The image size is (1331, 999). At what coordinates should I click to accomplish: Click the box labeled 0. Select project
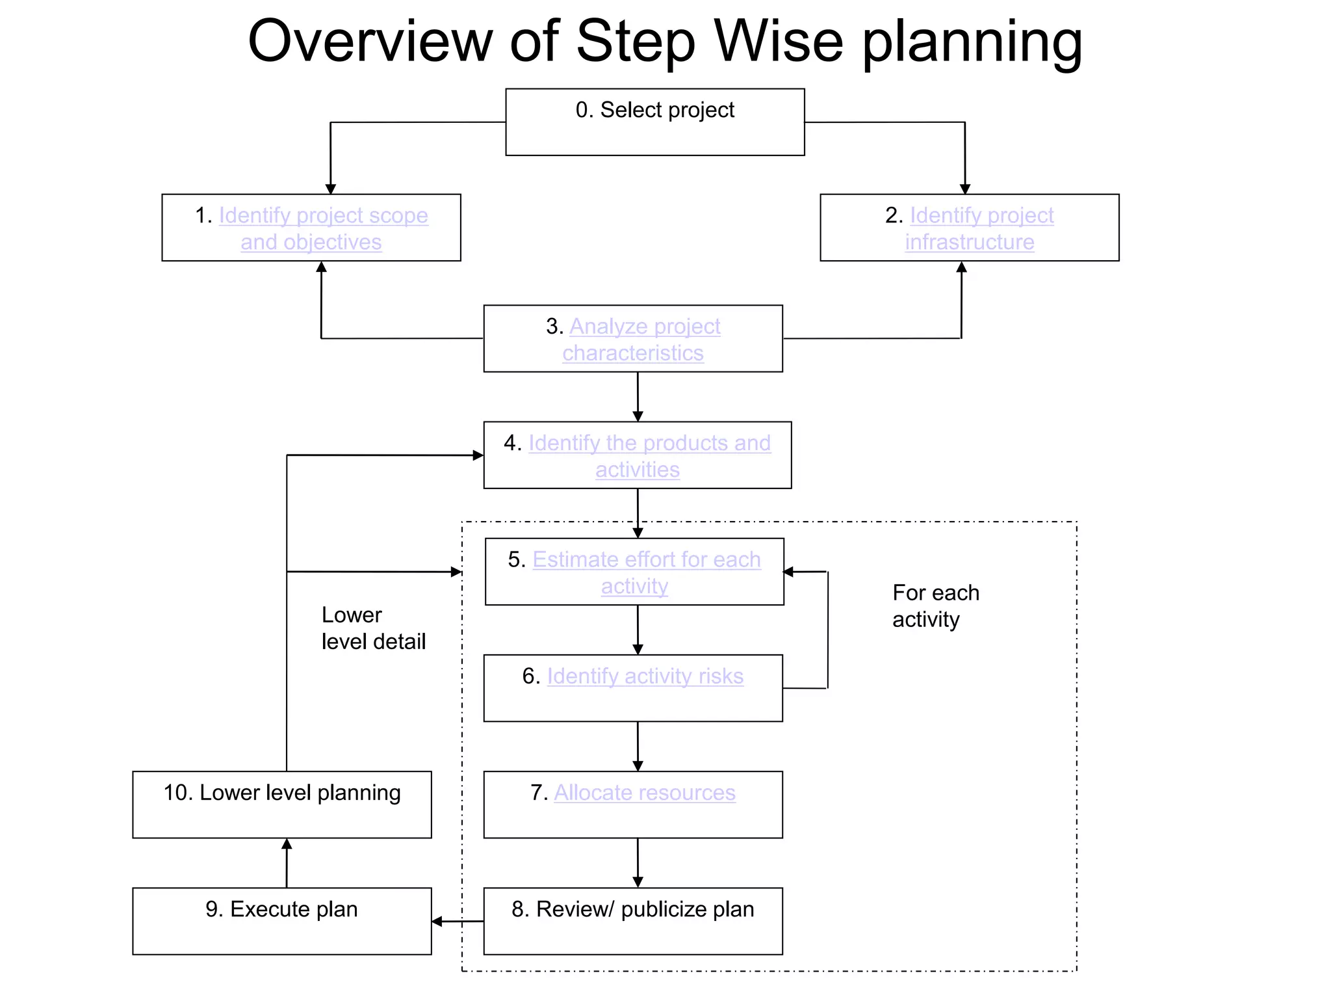[x=654, y=122]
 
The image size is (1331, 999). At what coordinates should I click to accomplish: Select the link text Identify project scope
[x=323, y=215]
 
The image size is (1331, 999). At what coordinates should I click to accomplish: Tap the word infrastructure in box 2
[x=969, y=242]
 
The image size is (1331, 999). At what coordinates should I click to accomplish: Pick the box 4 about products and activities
[x=637, y=455]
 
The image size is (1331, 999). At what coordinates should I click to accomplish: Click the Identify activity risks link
[x=645, y=676]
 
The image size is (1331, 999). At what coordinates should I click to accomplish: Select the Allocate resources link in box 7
[x=644, y=793]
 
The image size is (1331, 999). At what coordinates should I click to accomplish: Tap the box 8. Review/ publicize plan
[x=632, y=921]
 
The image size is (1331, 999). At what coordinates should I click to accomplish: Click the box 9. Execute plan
[x=281, y=921]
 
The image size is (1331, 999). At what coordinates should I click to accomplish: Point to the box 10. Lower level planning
[x=281, y=805]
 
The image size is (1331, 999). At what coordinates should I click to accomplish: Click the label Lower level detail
[x=373, y=628]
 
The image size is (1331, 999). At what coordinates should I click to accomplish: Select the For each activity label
[x=935, y=606]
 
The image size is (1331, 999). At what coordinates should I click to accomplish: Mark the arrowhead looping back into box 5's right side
[x=789, y=572]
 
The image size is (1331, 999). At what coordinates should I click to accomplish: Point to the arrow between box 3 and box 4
[x=638, y=397]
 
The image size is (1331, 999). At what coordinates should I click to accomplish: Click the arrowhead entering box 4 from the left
[x=478, y=455]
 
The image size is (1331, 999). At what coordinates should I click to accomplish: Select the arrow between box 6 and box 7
[x=638, y=746]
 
